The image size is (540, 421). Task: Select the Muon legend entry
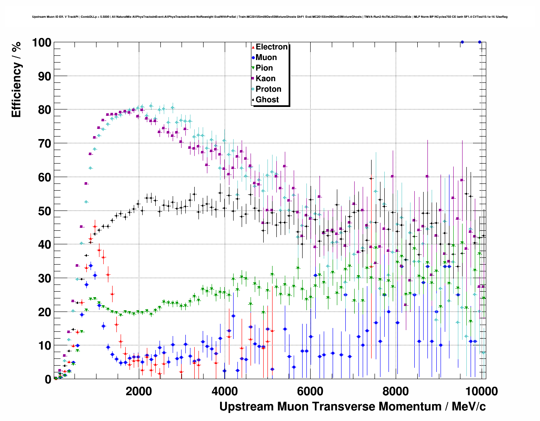[x=266, y=57]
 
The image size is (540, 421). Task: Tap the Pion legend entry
[x=264, y=68]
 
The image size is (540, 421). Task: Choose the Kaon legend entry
[x=265, y=79]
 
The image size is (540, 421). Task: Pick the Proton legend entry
[x=268, y=89]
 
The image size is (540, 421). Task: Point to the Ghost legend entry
[x=267, y=100]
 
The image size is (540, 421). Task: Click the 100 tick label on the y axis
[x=41, y=42]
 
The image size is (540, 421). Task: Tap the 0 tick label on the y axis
[x=48, y=380]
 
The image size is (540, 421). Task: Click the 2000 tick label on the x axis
[x=138, y=391]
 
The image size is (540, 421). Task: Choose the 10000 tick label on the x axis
[x=481, y=391]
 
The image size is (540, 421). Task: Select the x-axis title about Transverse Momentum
[x=352, y=407]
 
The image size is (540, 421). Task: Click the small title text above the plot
[x=270, y=17]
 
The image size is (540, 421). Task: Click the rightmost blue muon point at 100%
[x=479, y=42]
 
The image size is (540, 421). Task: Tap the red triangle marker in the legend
[x=253, y=47]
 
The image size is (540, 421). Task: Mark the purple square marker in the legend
[x=253, y=79]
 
